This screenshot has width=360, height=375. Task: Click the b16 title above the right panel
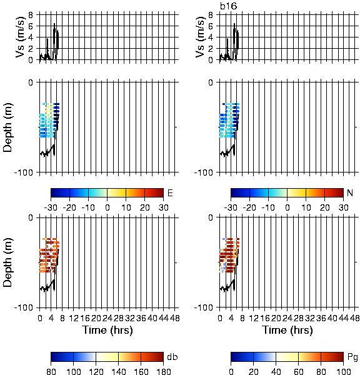tap(229, 6)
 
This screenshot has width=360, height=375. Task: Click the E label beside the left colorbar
tap(170, 192)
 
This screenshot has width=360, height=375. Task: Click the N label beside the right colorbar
tap(350, 192)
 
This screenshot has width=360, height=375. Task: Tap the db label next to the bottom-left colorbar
tap(172, 357)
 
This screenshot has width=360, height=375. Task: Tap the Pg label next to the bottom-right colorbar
tap(352, 357)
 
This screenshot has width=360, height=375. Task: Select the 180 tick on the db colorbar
tap(163, 371)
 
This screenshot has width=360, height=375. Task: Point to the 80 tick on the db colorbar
tap(51, 371)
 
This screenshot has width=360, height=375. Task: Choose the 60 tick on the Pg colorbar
tap(298, 371)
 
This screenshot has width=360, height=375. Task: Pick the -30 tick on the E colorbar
tap(51, 207)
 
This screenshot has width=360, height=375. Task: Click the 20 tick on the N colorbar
tap(324, 207)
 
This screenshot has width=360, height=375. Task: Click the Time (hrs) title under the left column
tap(107, 330)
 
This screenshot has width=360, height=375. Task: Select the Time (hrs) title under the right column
tap(287, 330)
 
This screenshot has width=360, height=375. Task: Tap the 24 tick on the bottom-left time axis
tap(107, 318)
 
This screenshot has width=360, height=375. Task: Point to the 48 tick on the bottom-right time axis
tap(354, 318)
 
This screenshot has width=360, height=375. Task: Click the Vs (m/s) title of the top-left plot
tap(21, 37)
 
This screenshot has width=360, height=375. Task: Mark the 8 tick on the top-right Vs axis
tap(211, 15)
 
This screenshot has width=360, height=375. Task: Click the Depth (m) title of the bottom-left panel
tap(7, 262)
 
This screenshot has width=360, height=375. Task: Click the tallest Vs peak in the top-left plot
tap(54, 24)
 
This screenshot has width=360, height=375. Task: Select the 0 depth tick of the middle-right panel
tap(211, 82)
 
